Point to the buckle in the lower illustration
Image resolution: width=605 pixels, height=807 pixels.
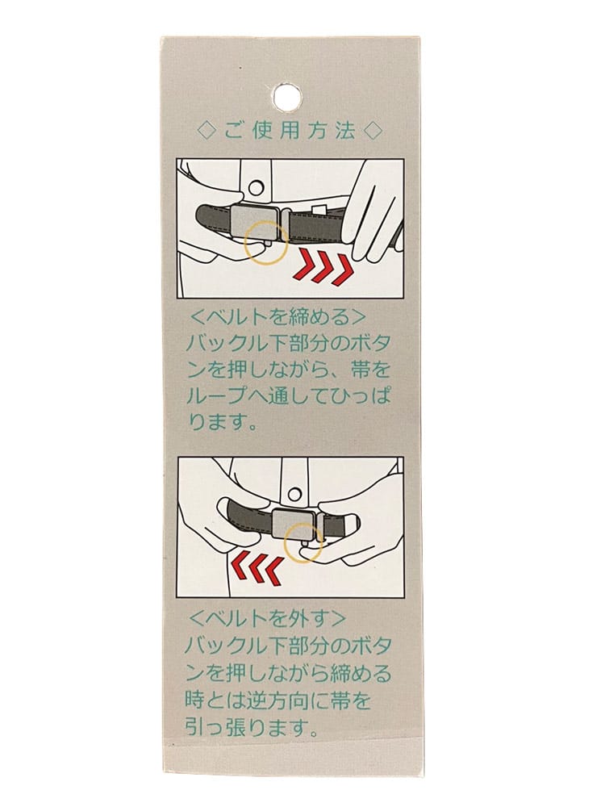[294, 526]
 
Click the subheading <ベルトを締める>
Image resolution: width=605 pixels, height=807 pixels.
[277, 317]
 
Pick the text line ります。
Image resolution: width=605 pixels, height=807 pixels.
[222, 424]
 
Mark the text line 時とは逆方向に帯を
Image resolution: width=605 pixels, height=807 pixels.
[277, 700]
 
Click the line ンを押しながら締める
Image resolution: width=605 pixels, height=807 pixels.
[288, 673]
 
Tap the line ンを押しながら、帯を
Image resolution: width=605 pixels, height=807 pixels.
[288, 370]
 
